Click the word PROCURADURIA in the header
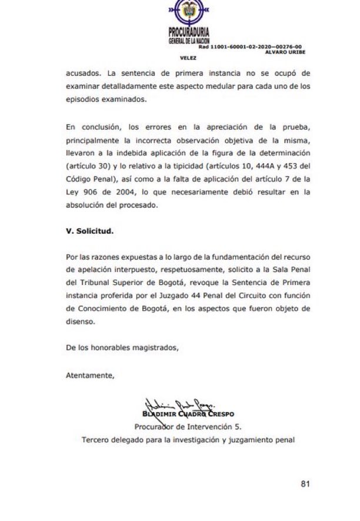189,33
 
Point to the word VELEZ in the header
188,58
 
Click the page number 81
305,484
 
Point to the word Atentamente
89,374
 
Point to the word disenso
80,323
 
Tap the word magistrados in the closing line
151,348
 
